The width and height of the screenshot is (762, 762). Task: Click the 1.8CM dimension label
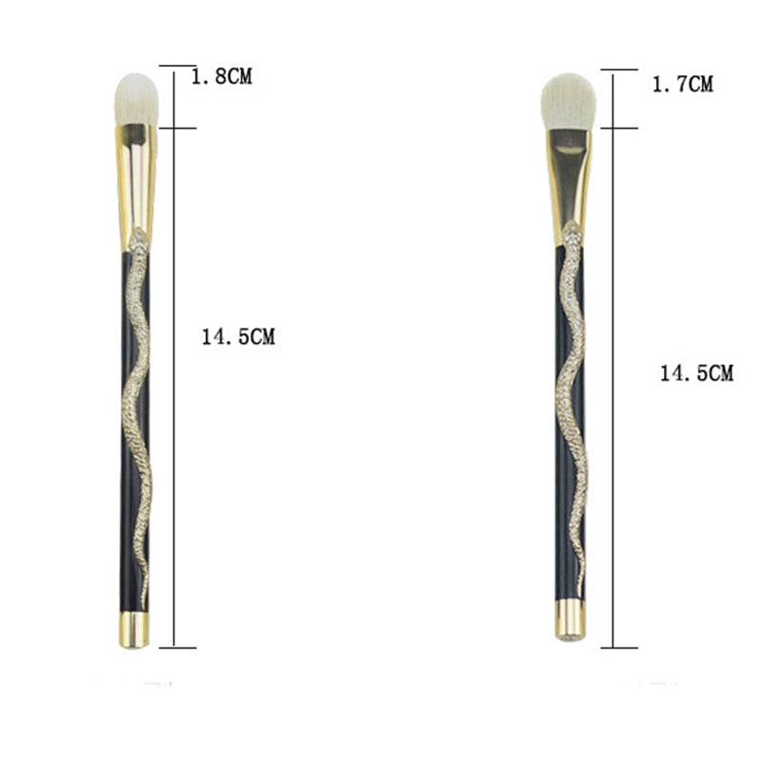pos(222,77)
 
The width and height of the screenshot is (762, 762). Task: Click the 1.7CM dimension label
pos(683,85)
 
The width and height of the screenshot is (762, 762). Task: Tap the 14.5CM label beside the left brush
pos(238,337)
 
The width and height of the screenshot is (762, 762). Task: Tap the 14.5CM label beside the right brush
pos(696,373)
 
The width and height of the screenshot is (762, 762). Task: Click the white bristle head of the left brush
pos(136,100)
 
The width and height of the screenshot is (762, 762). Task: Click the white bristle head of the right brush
pos(569,102)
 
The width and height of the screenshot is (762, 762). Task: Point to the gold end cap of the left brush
pos(134,630)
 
